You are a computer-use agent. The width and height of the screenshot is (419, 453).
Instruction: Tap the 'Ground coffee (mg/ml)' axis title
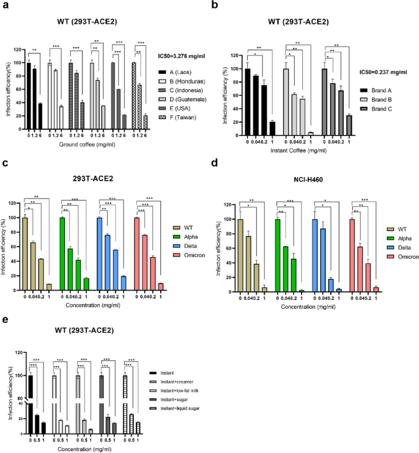point(89,144)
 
